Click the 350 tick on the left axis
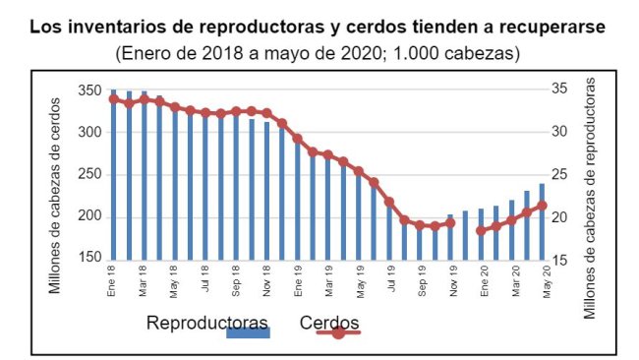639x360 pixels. [90, 90]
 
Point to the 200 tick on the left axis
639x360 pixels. [90, 216]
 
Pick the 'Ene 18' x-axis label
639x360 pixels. [113, 280]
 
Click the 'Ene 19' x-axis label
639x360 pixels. [298, 280]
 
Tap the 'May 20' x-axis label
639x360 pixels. [544, 280]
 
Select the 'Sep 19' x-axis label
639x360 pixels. [421, 280]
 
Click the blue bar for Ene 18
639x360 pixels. [113, 177]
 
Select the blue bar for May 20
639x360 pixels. [542, 222]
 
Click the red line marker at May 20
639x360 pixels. [542, 206]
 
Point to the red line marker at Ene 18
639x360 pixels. [113, 99]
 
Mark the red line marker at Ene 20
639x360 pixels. [481, 230]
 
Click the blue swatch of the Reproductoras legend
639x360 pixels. [248, 333]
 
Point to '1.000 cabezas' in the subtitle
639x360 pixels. [455, 51]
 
